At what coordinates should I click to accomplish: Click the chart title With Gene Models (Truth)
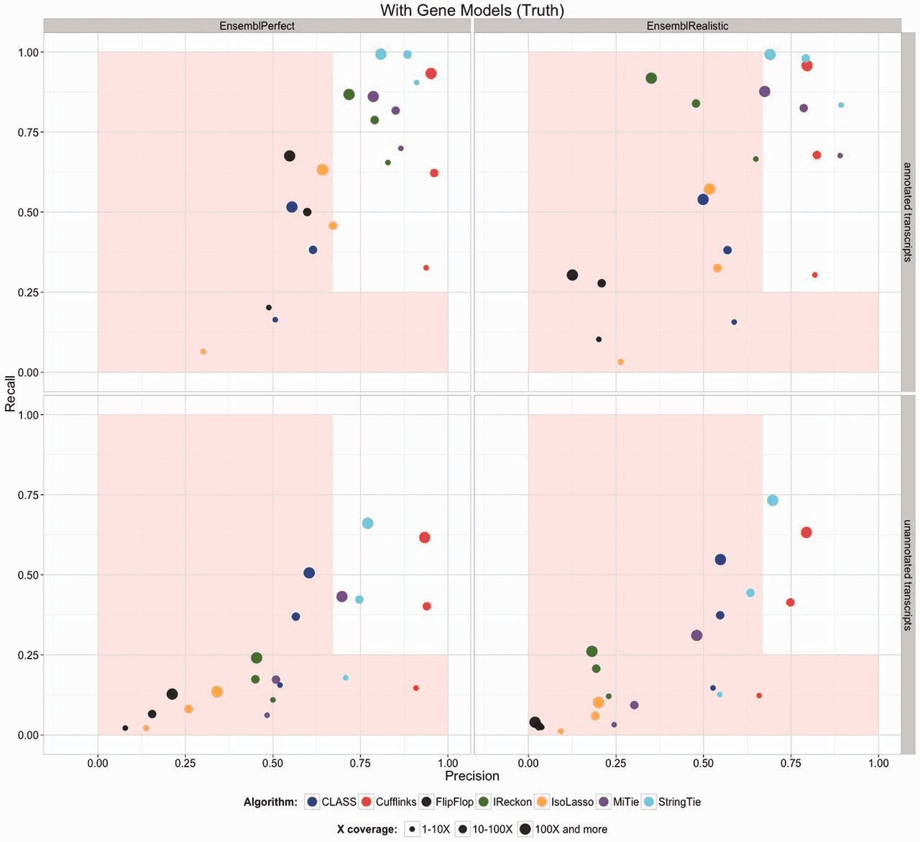(x=471, y=10)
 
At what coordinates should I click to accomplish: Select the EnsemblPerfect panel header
(x=257, y=26)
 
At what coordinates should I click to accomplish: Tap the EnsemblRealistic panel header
(x=687, y=26)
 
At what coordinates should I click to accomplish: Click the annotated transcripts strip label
(x=908, y=212)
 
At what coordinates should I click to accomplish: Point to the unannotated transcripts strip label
(x=908, y=575)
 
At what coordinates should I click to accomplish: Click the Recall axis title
(x=10, y=393)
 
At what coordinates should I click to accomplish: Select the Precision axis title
(x=471, y=776)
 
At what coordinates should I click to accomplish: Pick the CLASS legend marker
(x=312, y=802)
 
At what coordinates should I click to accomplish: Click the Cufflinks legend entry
(x=388, y=802)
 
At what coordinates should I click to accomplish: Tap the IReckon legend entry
(x=505, y=802)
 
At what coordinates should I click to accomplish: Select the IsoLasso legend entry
(x=565, y=802)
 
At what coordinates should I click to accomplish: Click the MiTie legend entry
(x=619, y=802)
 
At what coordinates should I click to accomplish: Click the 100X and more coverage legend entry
(x=563, y=829)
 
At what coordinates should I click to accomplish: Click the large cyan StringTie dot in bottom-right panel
(x=773, y=500)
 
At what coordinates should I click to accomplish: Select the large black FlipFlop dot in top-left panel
(x=290, y=156)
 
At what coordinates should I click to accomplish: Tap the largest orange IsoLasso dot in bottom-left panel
(x=217, y=692)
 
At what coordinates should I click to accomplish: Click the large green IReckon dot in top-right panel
(x=651, y=78)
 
